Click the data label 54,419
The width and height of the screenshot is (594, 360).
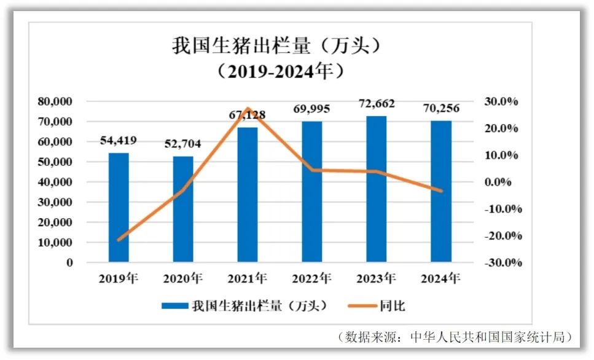pyautogui.click(x=119, y=141)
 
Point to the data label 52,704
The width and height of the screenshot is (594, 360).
pyautogui.click(x=182, y=144)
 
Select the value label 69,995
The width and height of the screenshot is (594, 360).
pyautogui.click(x=311, y=109)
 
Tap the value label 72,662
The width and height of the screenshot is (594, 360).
pyautogui.click(x=377, y=103)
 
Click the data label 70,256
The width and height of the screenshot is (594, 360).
pyautogui.click(x=441, y=108)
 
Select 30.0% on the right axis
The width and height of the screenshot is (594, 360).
pyautogui.click(x=502, y=101)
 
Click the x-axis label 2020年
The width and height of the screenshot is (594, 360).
pyautogui.click(x=182, y=278)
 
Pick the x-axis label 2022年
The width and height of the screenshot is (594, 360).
pyautogui.click(x=311, y=278)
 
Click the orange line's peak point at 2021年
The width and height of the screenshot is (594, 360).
pyautogui.click(x=248, y=109)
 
